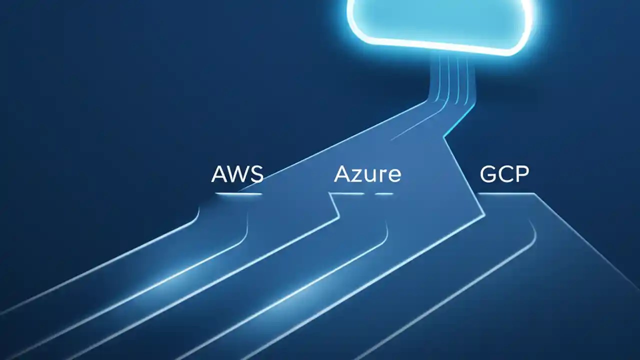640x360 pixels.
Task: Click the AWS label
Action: click(x=237, y=174)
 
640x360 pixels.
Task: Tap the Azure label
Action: click(x=367, y=174)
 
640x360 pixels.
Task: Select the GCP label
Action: click(x=504, y=174)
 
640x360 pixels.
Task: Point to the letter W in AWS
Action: click(x=238, y=174)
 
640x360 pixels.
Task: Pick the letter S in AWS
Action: click(x=256, y=174)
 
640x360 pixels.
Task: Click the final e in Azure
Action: click(x=393, y=176)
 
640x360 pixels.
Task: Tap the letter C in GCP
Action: click(x=505, y=174)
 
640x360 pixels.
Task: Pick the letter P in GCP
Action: click(x=521, y=174)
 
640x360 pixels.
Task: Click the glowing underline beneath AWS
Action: click(x=238, y=193)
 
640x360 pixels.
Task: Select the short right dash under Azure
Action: click(x=384, y=193)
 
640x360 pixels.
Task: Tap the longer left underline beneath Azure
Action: click(x=347, y=193)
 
